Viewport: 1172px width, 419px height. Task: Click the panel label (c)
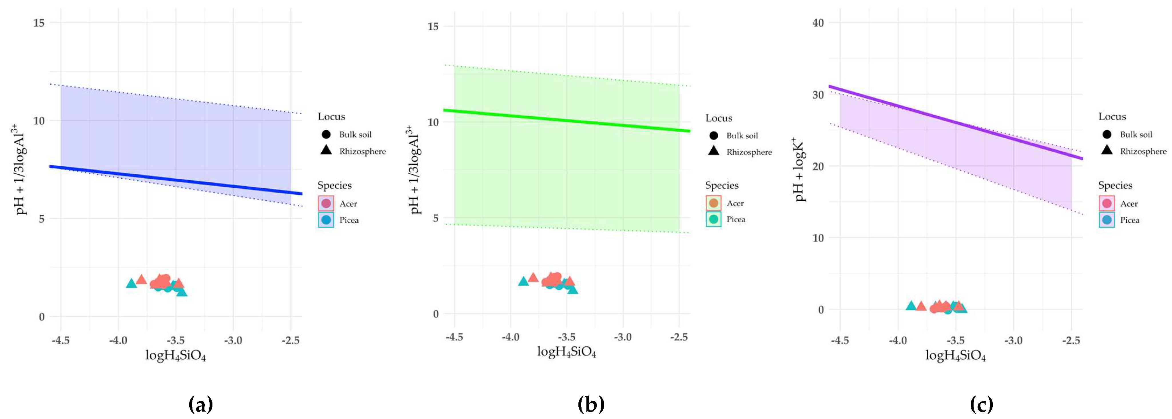pos(981,404)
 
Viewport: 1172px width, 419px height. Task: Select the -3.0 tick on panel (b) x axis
pos(623,337)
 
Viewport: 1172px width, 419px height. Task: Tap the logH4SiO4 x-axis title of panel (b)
pos(566,352)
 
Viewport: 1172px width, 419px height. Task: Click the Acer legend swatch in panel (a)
pos(326,203)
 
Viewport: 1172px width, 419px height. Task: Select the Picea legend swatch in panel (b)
pos(713,219)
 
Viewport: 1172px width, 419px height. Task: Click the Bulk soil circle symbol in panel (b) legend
pos(713,135)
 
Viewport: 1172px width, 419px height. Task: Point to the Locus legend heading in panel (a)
pos(331,116)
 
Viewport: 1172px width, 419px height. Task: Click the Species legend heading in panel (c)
pos(1115,185)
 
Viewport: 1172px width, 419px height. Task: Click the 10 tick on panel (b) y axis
pos(433,122)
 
